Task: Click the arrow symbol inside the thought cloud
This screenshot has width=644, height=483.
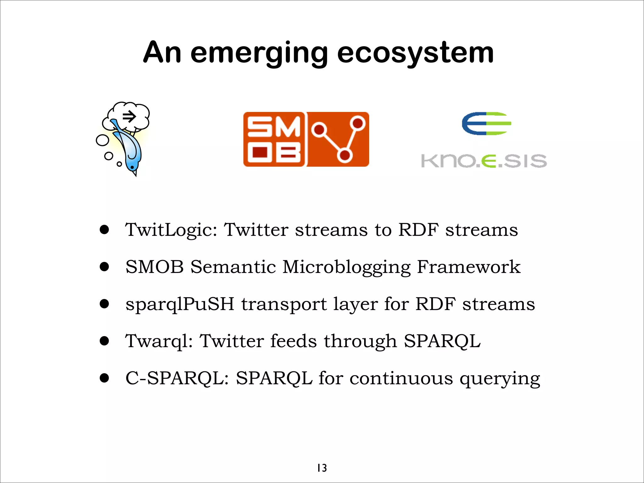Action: pyautogui.click(x=129, y=117)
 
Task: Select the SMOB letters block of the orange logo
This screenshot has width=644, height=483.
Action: pyautogui.click(x=274, y=139)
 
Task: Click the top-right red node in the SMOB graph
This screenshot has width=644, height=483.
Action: pyautogui.click(x=358, y=123)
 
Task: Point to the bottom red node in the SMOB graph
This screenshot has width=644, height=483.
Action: pyautogui.click(x=345, y=155)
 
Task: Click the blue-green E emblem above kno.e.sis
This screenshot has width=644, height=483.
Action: pyautogui.click(x=486, y=124)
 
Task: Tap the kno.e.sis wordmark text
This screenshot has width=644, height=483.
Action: pyautogui.click(x=484, y=161)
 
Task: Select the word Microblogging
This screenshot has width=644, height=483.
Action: pyautogui.click(x=346, y=267)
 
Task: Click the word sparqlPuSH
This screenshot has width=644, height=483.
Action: pyautogui.click(x=180, y=304)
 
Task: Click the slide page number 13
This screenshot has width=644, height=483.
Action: pyautogui.click(x=322, y=468)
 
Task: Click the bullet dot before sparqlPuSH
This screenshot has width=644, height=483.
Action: pyautogui.click(x=104, y=304)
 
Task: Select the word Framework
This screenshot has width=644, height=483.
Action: pyautogui.click(x=469, y=267)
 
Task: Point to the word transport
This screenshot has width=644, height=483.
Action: pyautogui.click(x=284, y=304)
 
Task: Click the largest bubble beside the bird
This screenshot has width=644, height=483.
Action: pyautogui.click(x=103, y=140)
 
